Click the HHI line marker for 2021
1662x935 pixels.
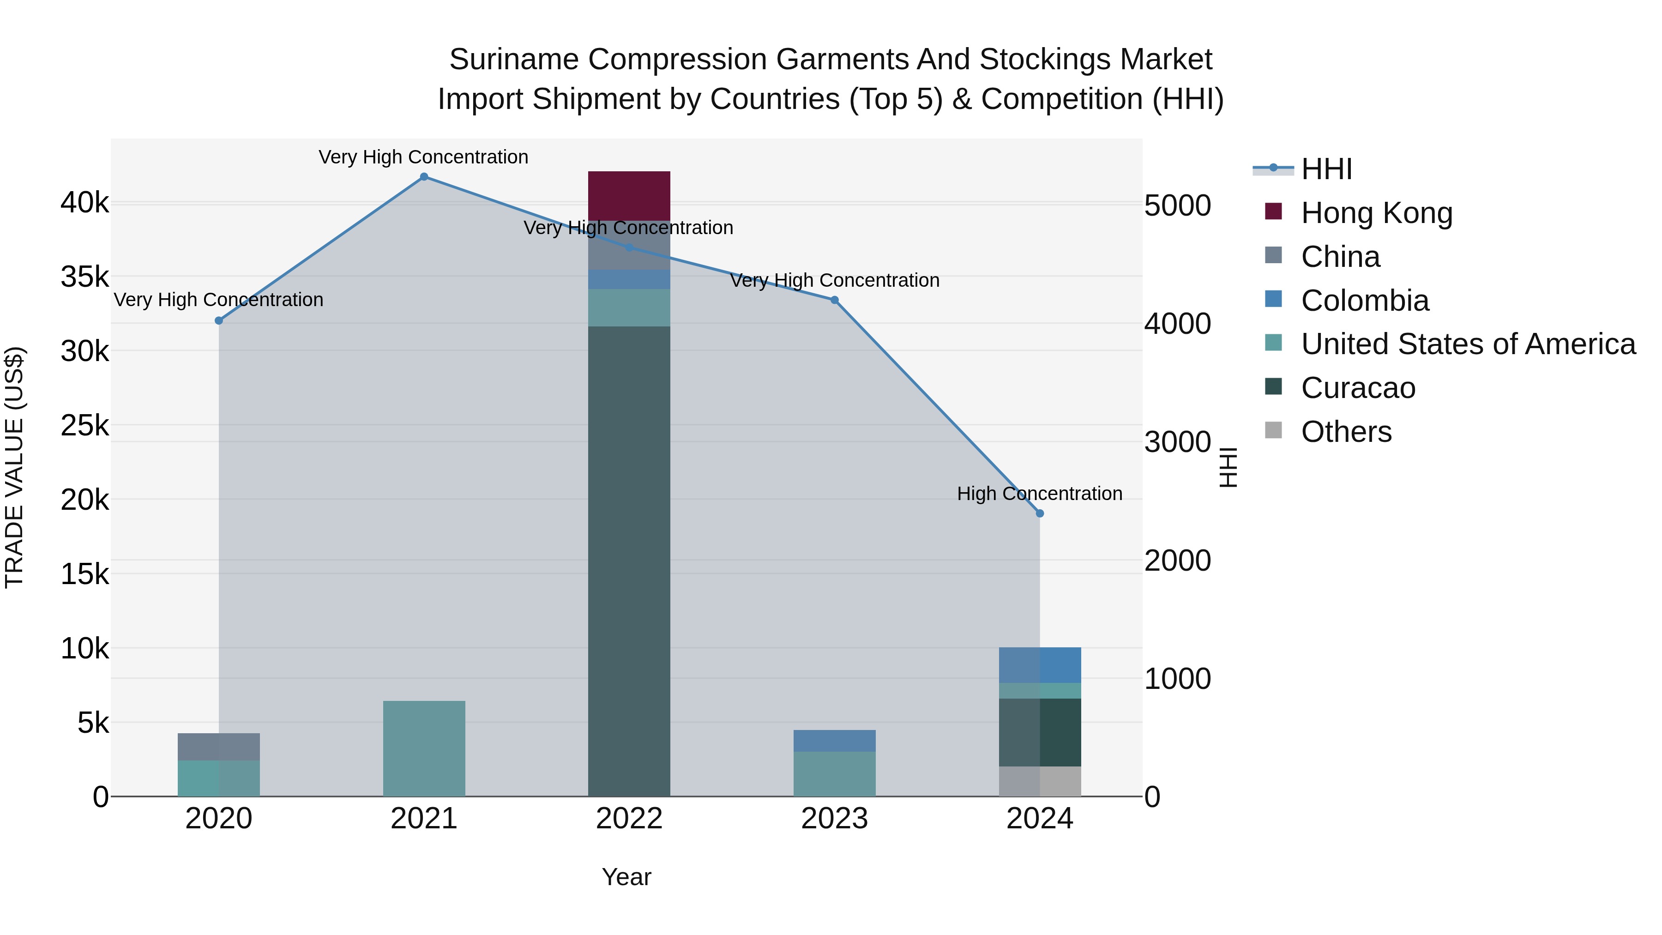coord(424,177)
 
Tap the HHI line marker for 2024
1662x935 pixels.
coord(1039,513)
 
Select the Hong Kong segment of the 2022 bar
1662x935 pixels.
coord(629,196)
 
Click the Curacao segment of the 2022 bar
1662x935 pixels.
coord(629,561)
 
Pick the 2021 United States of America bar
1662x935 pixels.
coord(424,748)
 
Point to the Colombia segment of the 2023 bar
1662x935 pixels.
coord(834,741)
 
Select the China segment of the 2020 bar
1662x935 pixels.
coord(219,747)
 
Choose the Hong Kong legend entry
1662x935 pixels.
coord(1376,213)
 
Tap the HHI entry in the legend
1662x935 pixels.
coord(1326,169)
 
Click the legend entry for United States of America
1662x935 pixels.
coord(1468,344)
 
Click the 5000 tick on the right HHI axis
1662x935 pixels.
coord(1177,206)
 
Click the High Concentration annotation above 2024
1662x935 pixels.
coord(1039,494)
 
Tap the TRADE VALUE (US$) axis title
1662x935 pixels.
coord(14,467)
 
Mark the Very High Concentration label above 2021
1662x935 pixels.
coord(423,157)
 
